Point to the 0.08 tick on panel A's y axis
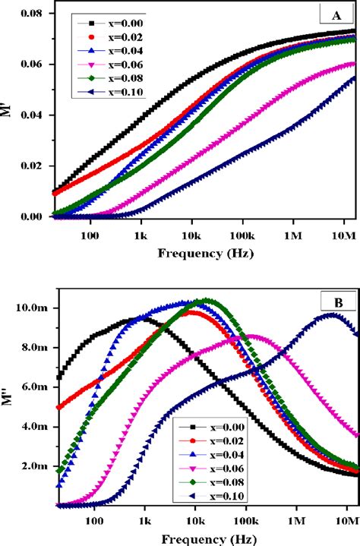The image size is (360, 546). coord(30,14)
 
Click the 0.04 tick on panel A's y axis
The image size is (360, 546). coord(30,115)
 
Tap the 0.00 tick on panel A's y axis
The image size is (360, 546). coord(30,217)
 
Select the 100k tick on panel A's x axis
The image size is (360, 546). coord(244,236)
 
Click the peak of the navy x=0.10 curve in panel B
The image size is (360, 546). coord(331,314)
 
